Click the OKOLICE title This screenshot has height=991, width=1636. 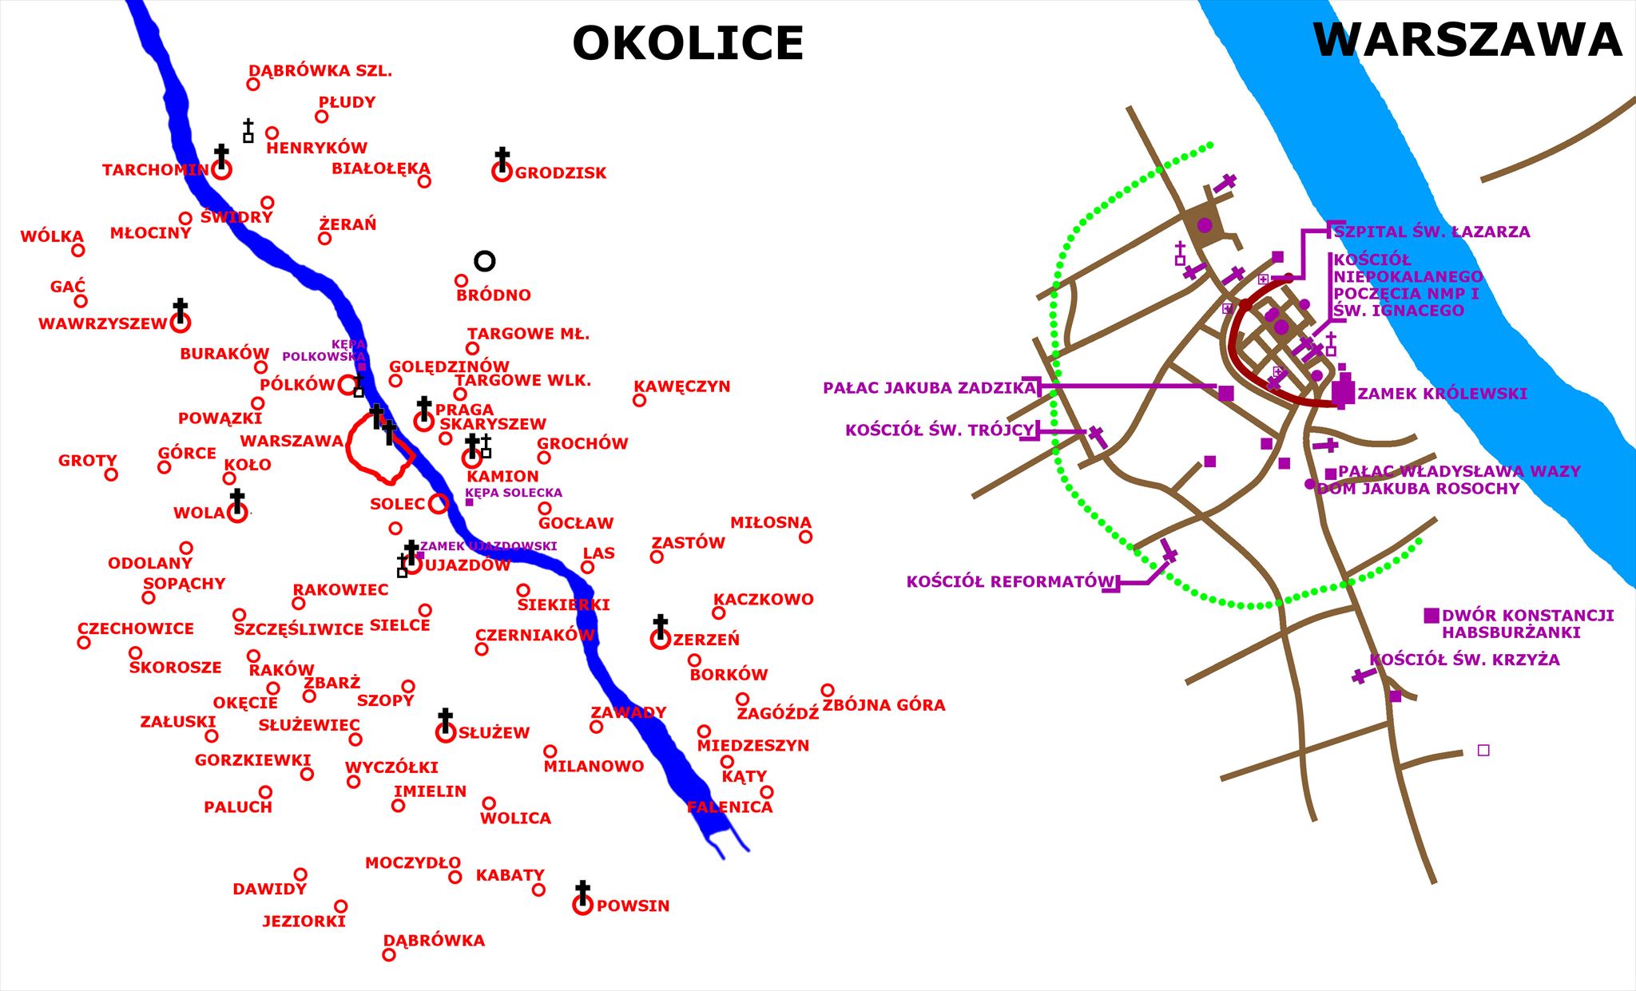click(x=688, y=43)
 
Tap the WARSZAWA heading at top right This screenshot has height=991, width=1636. click(x=1467, y=39)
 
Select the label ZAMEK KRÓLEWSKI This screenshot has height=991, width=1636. click(x=1442, y=394)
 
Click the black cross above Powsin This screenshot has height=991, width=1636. click(x=583, y=890)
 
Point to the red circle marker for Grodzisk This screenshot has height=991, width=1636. click(x=502, y=172)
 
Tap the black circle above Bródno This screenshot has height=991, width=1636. click(x=485, y=261)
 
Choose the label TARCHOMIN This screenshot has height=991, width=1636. click(x=155, y=170)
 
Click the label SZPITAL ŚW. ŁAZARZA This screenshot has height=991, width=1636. click(x=1431, y=232)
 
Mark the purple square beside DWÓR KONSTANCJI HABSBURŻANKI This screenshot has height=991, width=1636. click(x=1431, y=616)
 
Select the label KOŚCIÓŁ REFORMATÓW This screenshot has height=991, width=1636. click(x=1010, y=582)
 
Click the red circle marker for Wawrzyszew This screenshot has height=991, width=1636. click(x=181, y=323)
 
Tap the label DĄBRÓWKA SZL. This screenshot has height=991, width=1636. click(x=320, y=71)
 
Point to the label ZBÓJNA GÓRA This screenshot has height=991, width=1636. click(x=884, y=705)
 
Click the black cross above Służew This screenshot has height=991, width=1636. click(x=446, y=718)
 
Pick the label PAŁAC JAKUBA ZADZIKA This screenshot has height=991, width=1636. click(x=929, y=389)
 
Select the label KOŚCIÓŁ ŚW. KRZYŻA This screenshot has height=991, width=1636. click(x=1464, y=660)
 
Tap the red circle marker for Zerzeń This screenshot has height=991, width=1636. click(x=660, y=640)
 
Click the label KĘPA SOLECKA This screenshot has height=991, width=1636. click(x=514, y=493)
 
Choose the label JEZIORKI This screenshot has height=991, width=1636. click(x=304, y=922)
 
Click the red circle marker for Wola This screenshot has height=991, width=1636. click(x=237, y=513)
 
